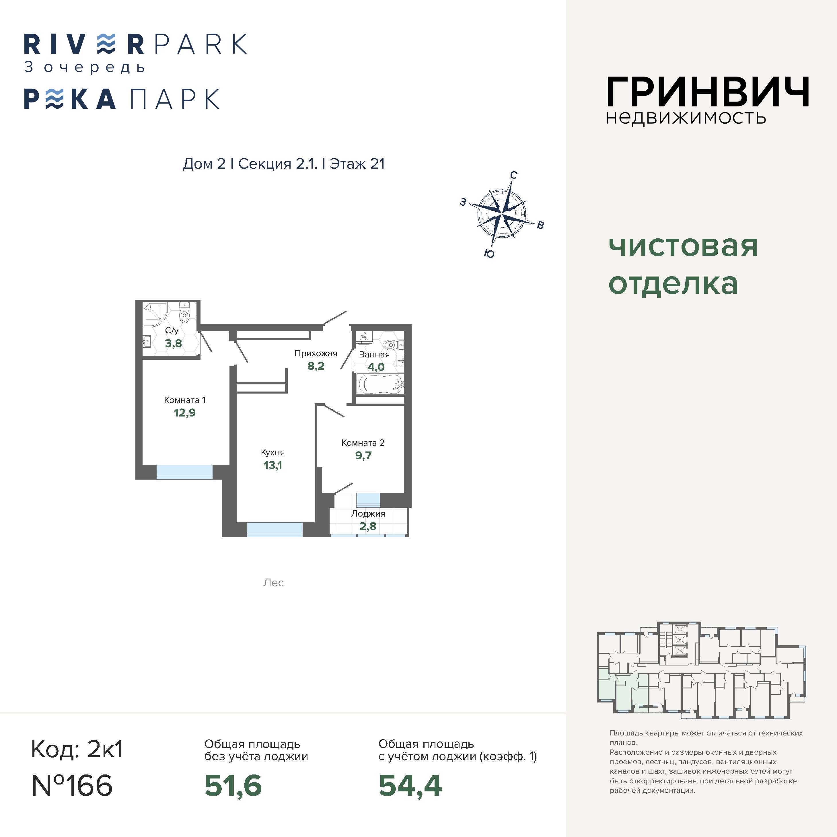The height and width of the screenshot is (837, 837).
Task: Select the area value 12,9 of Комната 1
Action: pos(184,412)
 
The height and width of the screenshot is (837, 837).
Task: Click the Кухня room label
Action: pos(272,452)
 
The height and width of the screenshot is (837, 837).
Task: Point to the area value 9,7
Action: pos(363,455)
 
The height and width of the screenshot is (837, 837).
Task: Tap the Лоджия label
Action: pos(368,514)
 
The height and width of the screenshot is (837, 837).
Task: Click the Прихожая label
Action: pos(316,353)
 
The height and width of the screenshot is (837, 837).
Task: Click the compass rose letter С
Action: pos(513,175)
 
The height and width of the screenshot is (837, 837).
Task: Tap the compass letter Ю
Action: pos(489,254)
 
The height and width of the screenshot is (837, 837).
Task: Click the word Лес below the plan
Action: pos(273,583)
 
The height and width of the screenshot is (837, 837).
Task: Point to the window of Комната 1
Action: pos(184,472)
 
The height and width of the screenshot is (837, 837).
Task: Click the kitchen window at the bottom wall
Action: pos(275,530)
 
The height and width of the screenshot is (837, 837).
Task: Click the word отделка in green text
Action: pos(673,284)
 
